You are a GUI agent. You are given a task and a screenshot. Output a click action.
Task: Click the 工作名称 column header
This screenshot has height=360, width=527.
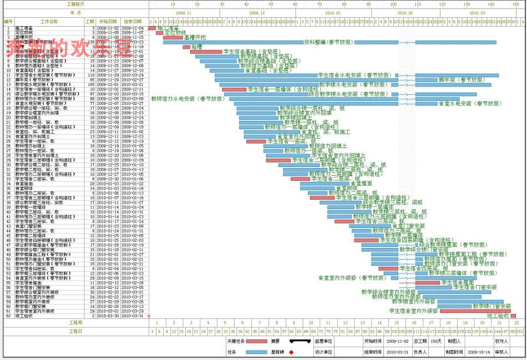point(49,21)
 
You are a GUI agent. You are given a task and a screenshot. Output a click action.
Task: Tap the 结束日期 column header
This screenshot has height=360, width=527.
point(133,21)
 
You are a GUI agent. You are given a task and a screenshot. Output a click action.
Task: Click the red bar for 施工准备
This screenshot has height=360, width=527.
point(153,28)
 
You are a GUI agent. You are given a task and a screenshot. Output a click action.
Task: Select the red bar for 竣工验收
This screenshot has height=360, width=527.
point(513,316)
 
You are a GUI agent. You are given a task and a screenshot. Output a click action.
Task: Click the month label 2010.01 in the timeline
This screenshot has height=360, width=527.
point(333,12)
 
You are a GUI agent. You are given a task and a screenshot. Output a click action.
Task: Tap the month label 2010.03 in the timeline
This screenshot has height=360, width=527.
point(477,12)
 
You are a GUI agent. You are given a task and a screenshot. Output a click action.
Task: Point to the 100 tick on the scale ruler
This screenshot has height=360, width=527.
point(394,4)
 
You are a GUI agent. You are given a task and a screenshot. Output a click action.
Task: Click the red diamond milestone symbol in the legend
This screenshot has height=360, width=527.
point(291,352)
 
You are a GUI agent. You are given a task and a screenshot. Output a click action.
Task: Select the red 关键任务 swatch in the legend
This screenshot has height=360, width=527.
point(256,341)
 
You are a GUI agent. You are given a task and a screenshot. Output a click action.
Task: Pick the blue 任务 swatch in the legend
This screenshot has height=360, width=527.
point(256,352)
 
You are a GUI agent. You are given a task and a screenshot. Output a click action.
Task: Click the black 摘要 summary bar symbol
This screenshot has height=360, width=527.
point(300,341)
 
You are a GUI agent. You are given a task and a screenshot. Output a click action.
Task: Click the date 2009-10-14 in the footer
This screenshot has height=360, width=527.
point(479,352)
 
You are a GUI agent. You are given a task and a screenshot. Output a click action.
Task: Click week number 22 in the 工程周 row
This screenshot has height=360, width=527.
point(516,322)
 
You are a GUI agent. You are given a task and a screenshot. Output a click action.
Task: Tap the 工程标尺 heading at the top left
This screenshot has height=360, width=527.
point(74,4)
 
